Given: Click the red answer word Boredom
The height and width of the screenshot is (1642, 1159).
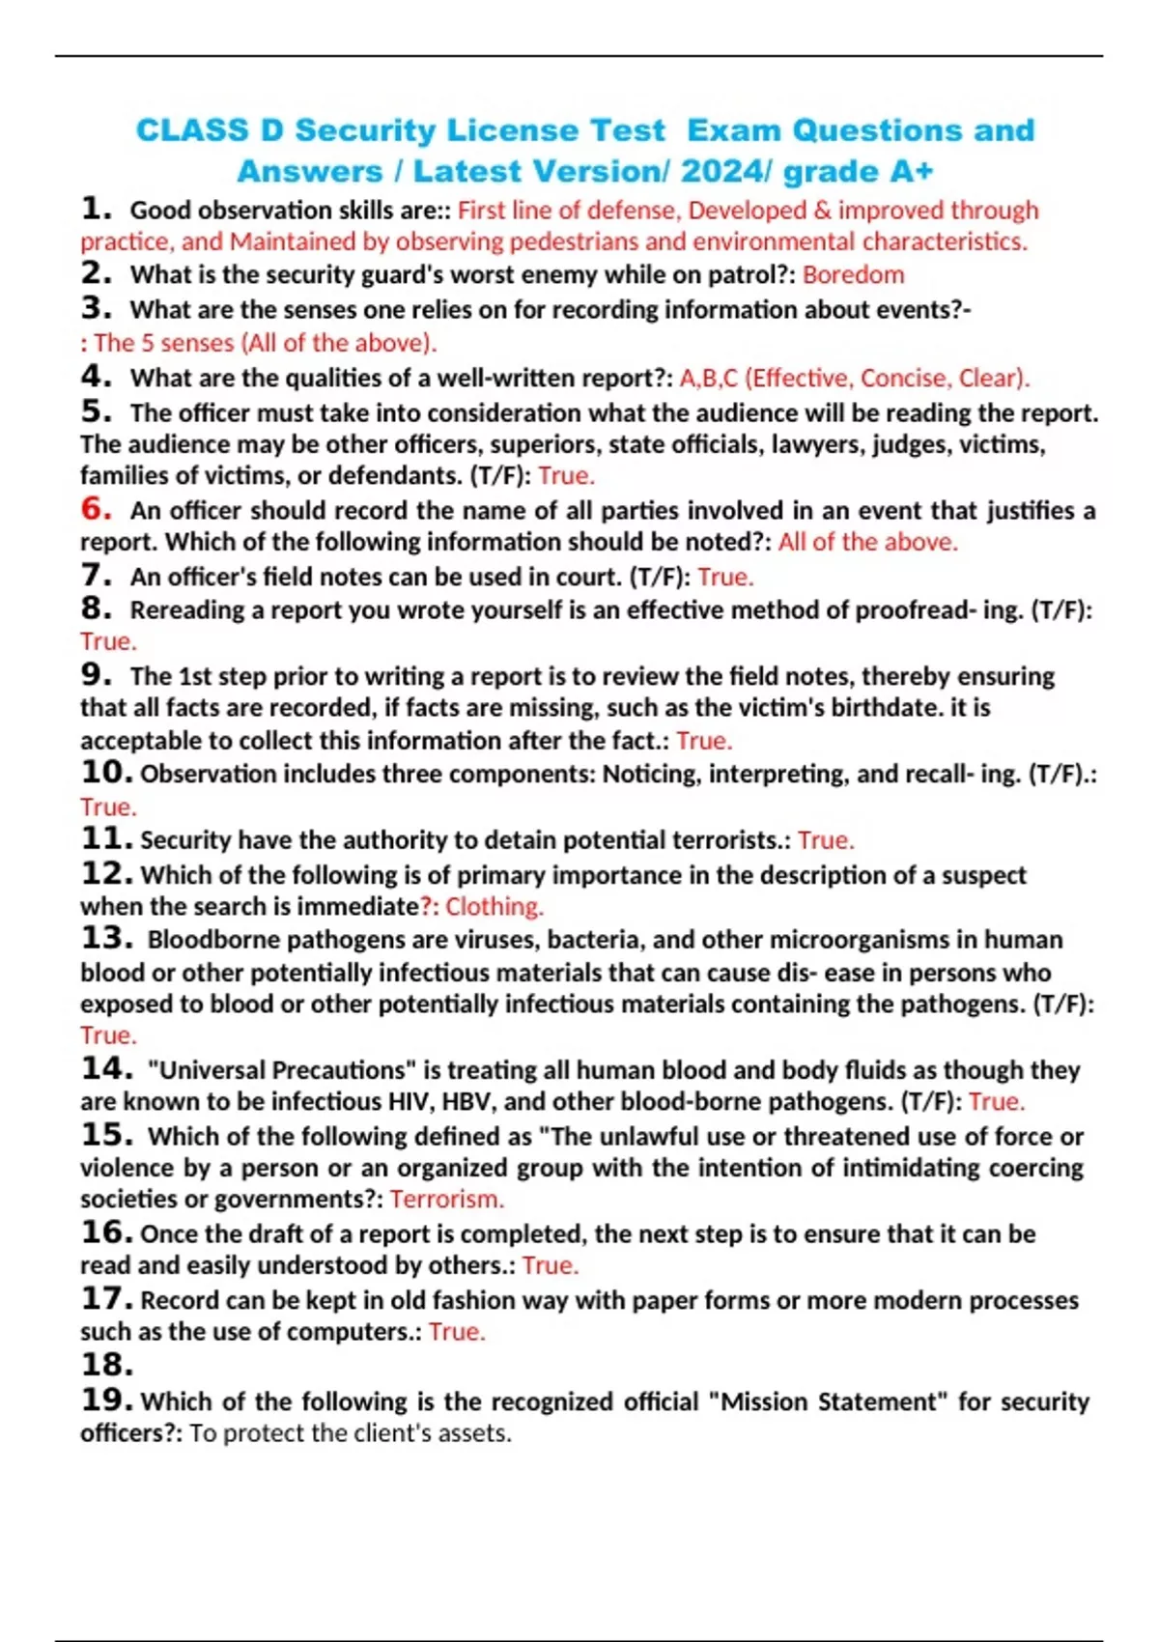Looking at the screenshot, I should (x=853, y=275).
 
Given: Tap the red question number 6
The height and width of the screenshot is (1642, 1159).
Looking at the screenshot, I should (x=96, y=508).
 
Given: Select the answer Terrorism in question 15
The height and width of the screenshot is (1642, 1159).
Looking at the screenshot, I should (x=446, y=1200).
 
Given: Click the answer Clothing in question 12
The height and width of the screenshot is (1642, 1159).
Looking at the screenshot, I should (x=494, y=907).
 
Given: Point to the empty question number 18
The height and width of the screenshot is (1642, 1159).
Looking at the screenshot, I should (x=106, y=1365).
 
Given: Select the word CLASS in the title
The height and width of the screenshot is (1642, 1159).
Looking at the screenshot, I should (x=191, y=130).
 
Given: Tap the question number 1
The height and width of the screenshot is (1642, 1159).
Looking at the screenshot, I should (x=96, y=209).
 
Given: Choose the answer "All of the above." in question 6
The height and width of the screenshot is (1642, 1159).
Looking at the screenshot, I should (x=867, y=542).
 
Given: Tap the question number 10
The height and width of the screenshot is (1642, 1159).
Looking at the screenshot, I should (x=106, y=773).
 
